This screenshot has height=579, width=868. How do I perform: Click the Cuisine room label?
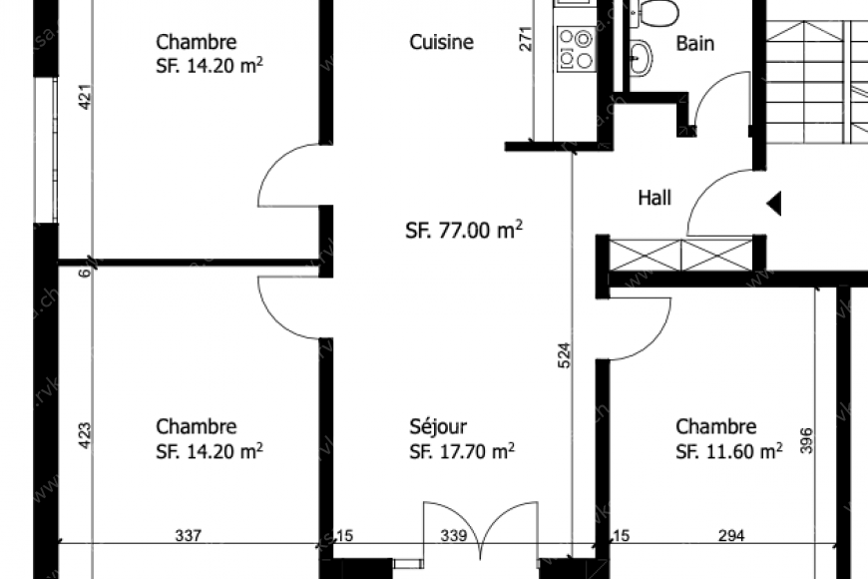click(x=441, y=42)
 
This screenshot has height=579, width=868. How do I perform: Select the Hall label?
click(x=654, y=198)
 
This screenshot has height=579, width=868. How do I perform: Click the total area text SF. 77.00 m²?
click(x=464, y=231)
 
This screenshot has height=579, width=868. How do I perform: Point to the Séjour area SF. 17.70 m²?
click(x=462, y=451)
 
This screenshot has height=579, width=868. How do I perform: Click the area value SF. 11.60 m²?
click(x=728, y=451)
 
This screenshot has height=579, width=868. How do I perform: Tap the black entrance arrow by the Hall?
click(x=773, y=204)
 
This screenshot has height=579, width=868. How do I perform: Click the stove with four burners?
click(x=575, y=48)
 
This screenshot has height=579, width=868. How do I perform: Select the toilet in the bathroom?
click(x=658, y=11)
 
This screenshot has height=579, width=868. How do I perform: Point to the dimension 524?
click(x=563, y=357)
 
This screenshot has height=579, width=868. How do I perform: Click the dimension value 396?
click(x=806, y=440)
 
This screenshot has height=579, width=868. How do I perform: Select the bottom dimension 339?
click(x=455, y=536)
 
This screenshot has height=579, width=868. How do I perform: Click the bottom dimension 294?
click(x=731, y=536)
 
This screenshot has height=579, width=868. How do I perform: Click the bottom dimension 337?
click(x=188, y=536)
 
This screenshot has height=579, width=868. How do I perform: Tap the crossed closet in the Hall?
click(x=680, y=254)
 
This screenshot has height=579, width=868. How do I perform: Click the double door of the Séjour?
click(x=481, y=529)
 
